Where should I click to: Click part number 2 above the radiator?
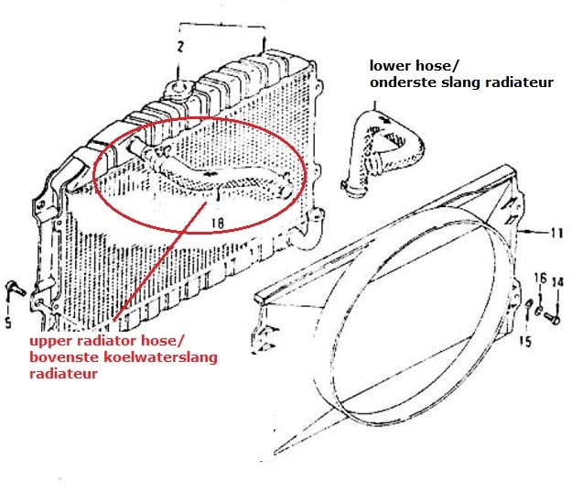(x=181, y=46)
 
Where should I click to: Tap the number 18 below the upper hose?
(x=218, y=221)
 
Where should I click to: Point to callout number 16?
(x=540, y=278)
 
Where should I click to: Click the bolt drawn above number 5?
(x=14, y=289)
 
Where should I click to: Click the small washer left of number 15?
(x=530, y=306)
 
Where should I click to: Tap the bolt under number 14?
(x=553, y=318)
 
